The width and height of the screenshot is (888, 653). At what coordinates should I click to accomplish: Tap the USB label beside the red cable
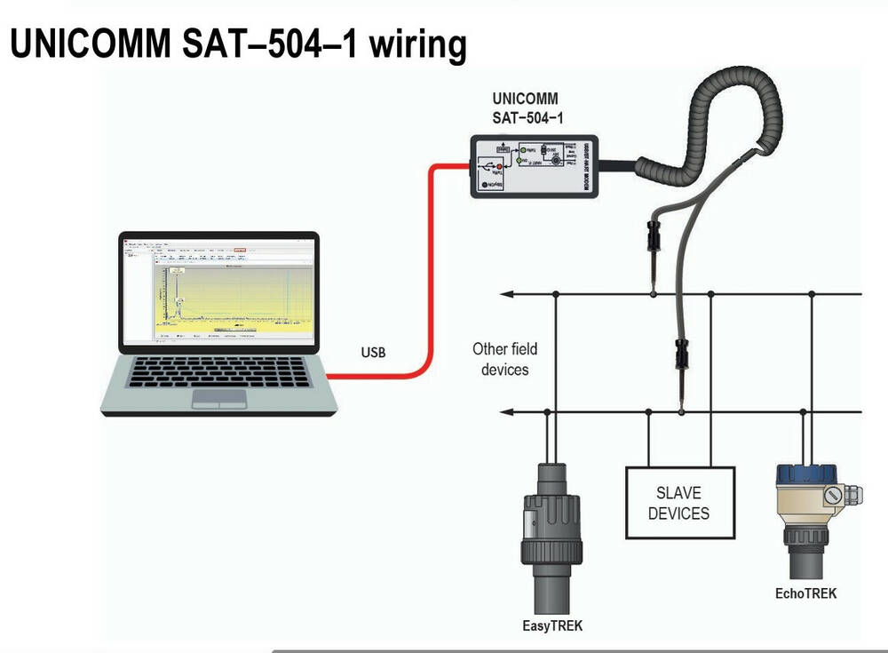coord(373,352)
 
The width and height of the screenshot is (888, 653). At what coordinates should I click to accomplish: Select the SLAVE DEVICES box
coord(679,503)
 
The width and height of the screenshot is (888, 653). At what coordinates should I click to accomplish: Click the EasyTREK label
coord(552,625)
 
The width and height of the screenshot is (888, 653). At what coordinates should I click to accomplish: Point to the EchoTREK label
coord(805,593)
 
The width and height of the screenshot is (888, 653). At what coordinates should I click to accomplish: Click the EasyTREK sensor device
coord(551,533)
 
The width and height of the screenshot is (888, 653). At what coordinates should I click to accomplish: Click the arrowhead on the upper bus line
coord(507,293)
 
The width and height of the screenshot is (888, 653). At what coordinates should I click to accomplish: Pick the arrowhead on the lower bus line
coord(507,411)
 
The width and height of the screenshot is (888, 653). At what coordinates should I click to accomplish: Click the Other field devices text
coord(504,358)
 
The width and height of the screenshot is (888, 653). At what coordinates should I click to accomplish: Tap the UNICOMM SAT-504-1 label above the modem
coord(526,108)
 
